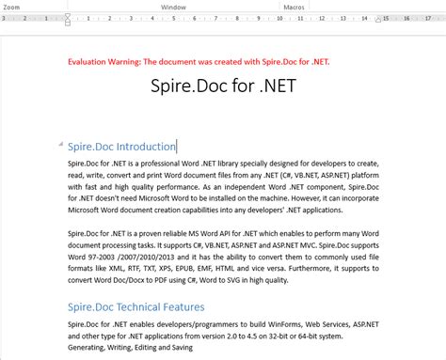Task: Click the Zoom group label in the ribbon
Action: point(11,5)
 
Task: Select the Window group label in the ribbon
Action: point(173,5)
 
